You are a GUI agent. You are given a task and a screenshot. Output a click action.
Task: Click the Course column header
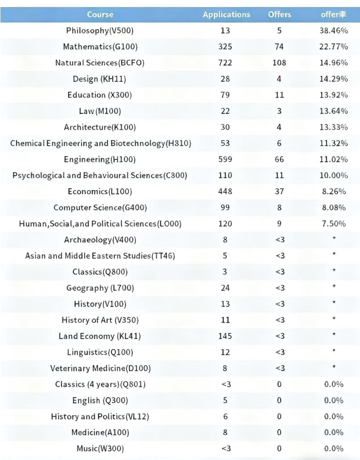click(100, 15)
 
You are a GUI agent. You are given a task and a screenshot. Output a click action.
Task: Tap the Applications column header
click(226, 15)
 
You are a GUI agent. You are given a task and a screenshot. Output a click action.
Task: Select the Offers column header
click(279, 15)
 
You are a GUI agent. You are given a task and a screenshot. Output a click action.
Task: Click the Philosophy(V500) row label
click(100, 31)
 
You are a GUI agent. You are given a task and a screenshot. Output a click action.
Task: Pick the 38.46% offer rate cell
click(333, 31)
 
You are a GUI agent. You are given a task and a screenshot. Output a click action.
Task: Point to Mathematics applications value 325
click(225, 47)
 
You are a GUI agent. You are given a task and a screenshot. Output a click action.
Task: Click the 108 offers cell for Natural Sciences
click(279, 63)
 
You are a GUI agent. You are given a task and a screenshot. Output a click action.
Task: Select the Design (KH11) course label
click(99, 79)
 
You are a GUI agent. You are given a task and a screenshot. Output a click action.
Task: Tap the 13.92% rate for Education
click(333, 95)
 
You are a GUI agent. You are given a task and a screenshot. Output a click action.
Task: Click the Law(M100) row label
click(100, 111)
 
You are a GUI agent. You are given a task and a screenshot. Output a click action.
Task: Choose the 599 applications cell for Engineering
click(225, 159)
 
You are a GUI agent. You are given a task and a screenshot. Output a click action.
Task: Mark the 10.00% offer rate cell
click(333, 175)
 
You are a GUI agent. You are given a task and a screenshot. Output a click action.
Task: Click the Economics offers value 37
click(279, 192)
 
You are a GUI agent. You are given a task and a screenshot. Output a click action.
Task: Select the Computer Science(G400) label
click(100, 208)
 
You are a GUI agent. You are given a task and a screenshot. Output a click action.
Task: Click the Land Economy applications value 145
click(225, 336)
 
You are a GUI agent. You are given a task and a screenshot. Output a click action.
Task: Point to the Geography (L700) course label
click(100, 288)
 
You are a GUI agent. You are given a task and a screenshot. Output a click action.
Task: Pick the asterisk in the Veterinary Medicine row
click(334, 367)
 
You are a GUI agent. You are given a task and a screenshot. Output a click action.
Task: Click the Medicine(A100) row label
click(100, 432)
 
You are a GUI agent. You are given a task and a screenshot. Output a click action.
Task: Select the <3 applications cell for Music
click(226, 449)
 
